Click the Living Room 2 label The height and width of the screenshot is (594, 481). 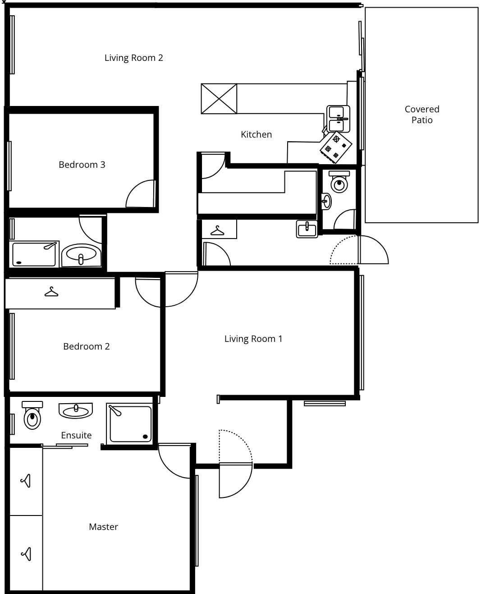133,58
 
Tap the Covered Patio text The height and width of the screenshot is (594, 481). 421,115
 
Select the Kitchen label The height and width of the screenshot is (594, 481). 256,134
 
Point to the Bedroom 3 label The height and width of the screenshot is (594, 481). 82,165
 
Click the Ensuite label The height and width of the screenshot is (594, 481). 76,435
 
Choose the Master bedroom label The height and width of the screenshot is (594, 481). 103,527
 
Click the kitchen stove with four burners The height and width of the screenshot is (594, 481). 336,147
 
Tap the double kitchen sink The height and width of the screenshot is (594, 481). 338,119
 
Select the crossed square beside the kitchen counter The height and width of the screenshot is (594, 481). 219,99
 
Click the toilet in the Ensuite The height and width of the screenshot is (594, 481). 32,415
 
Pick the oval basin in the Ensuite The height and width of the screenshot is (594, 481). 76,411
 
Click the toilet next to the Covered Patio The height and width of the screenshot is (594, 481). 339,182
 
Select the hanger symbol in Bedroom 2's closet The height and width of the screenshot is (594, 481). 51,292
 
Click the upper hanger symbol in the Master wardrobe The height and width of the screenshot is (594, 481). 26,481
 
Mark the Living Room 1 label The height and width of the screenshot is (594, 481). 253,339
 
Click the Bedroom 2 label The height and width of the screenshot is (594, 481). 87,346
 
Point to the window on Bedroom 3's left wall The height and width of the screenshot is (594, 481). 9,166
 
